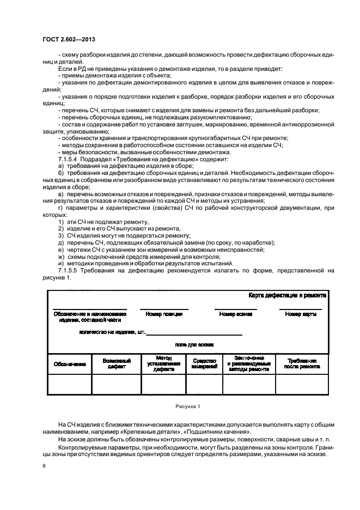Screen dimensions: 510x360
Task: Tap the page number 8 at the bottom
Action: [x=44, y=466]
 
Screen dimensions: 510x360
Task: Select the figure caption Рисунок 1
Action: [x=187, y=406]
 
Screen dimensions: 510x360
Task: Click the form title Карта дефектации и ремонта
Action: [x=287, y=295]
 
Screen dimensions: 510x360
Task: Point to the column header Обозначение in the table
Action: [x=69, y=364]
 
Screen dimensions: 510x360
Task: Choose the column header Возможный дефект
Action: [x=116, y=364]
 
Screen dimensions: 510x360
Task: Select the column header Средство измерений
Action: [x=204, y=364]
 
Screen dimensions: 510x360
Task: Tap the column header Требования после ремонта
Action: [x=302, y=364]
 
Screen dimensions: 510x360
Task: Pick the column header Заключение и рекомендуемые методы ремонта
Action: [x=249, y=363]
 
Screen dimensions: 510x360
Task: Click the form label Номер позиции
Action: [x=164, y=314]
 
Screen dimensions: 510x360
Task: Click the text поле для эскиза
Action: [x=194, y=344]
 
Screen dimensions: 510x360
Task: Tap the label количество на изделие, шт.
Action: [x=112, y=331]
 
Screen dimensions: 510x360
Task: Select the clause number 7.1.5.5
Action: [x=68, y=270]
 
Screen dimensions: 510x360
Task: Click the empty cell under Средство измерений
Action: [x=204, y=384]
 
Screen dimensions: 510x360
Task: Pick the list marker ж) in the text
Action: [x=61, y=256]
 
